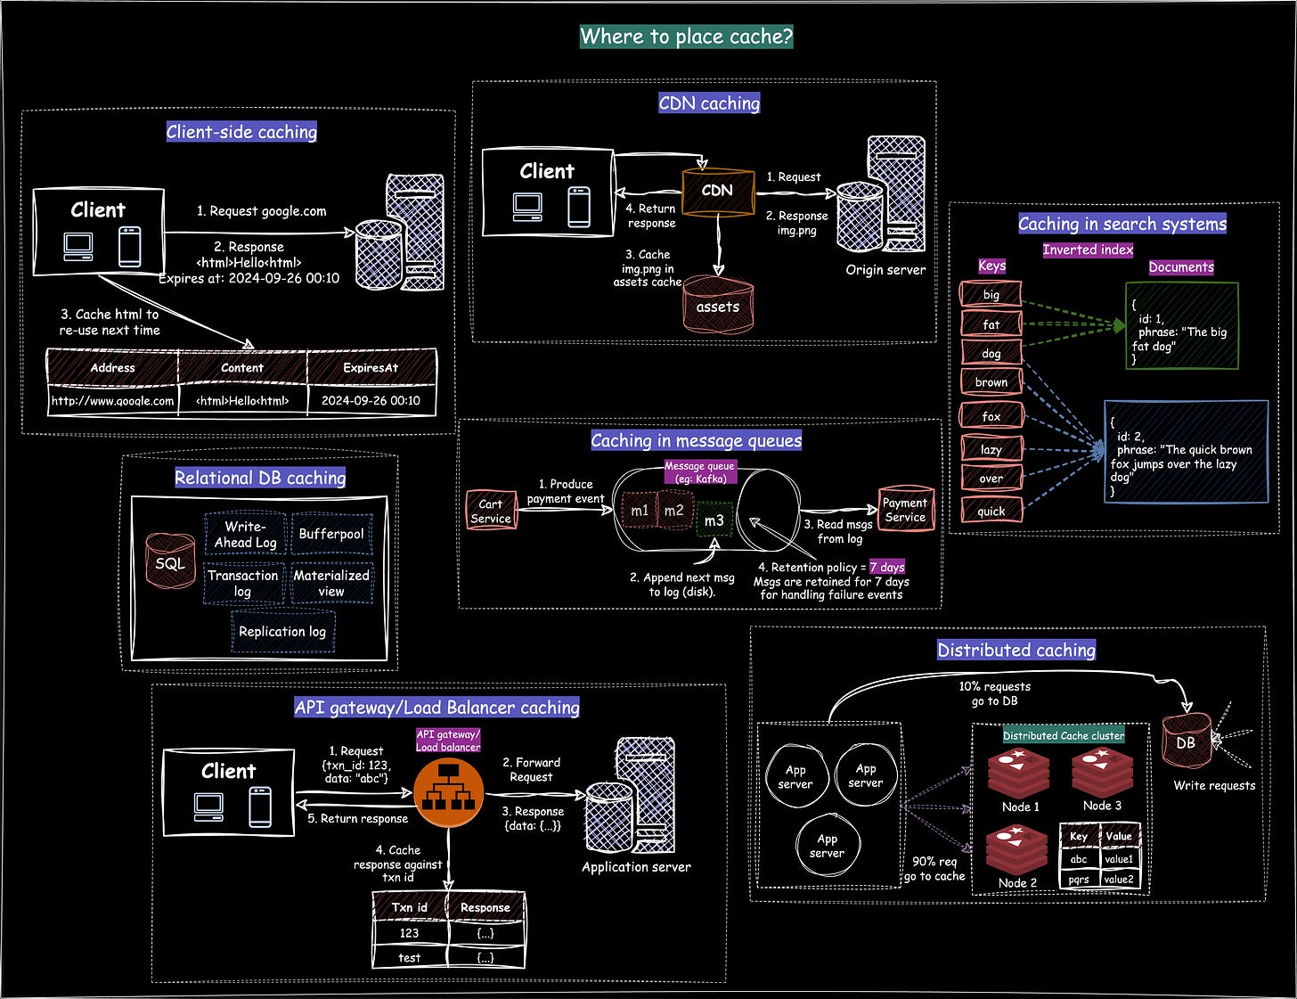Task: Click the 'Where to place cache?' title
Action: point(687,37)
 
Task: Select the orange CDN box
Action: point(717,192)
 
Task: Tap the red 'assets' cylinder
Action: point(718,305)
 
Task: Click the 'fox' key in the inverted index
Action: point(991,415)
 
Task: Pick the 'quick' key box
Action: point(991,511)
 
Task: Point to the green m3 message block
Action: point(714,520)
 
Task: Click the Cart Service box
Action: point(491,511)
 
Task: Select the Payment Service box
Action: point(905,509)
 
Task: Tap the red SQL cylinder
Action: point(170,561)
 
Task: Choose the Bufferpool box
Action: point(331,533)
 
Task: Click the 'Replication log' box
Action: point(282,631)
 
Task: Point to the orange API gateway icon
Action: point(448,791)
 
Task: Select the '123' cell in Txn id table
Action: point(410,933)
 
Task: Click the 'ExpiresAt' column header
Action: point(371,368)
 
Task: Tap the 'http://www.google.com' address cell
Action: point(112,401)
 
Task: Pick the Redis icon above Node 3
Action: point(1102,773)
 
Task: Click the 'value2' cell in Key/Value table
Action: point(1119,879)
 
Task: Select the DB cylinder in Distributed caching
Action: point(1187,741)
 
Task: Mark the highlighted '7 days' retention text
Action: point(887,567)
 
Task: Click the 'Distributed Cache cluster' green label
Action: point(1064,736)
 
